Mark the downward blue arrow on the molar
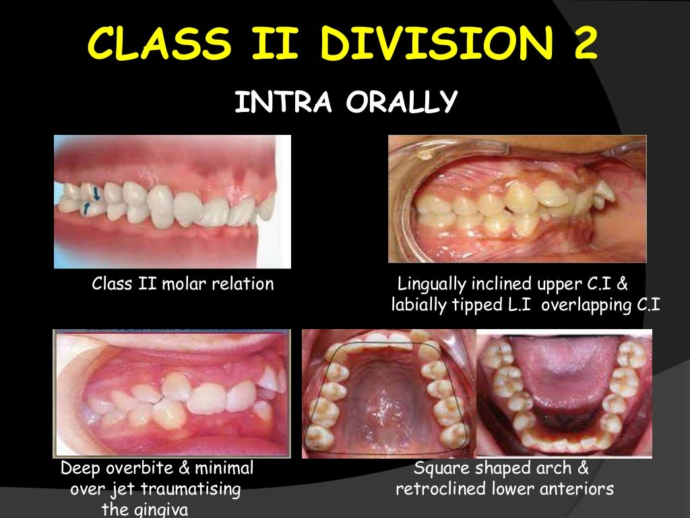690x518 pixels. click(x=96, y=193)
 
